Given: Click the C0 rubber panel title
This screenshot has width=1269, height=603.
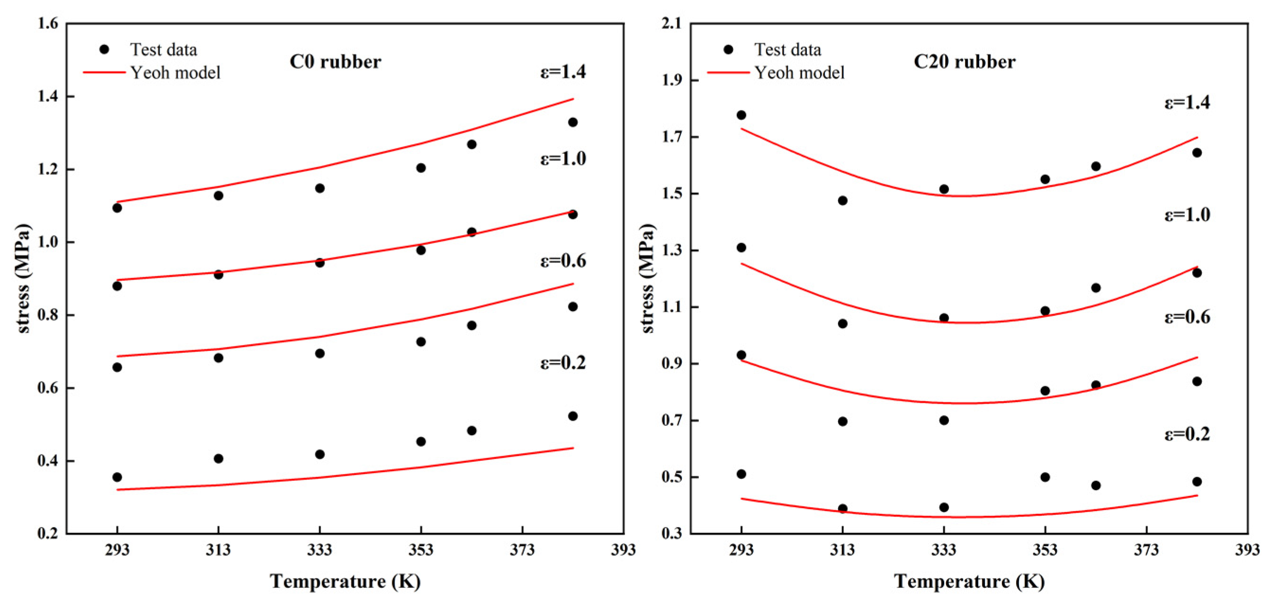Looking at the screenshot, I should click(x=335, y=62).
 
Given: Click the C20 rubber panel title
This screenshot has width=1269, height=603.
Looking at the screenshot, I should click(x=964, y=62).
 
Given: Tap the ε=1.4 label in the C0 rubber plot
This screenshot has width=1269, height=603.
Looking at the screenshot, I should click(x=563, y=72).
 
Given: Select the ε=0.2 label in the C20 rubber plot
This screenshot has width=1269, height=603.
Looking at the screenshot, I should click(x=1187, y=434).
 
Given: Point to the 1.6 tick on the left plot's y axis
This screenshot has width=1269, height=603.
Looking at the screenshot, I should click(x=47, y=23).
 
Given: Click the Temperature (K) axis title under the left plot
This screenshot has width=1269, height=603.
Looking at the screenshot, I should click(x=345, y=582).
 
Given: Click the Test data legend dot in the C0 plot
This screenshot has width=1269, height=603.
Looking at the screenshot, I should click(x=104, y=49).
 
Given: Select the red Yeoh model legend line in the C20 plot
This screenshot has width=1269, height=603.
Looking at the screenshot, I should click(x=728, y=73).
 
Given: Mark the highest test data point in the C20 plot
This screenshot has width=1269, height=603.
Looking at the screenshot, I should click(x=741, y=115).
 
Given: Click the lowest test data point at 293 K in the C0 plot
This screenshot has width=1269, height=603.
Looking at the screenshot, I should click(x=117, y=477).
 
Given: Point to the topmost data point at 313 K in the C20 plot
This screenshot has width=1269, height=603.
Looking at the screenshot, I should click(x=842, y=200).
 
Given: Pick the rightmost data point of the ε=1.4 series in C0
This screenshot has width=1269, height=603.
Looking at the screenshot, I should click(x=572, y=122).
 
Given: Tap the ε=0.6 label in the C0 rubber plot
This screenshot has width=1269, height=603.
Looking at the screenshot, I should click(x=563, y=261).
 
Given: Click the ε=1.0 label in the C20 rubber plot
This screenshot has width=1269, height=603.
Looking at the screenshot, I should click(x=1187, y=215).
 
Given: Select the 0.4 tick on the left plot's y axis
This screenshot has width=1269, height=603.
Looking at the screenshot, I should click(x=47, y=461).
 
